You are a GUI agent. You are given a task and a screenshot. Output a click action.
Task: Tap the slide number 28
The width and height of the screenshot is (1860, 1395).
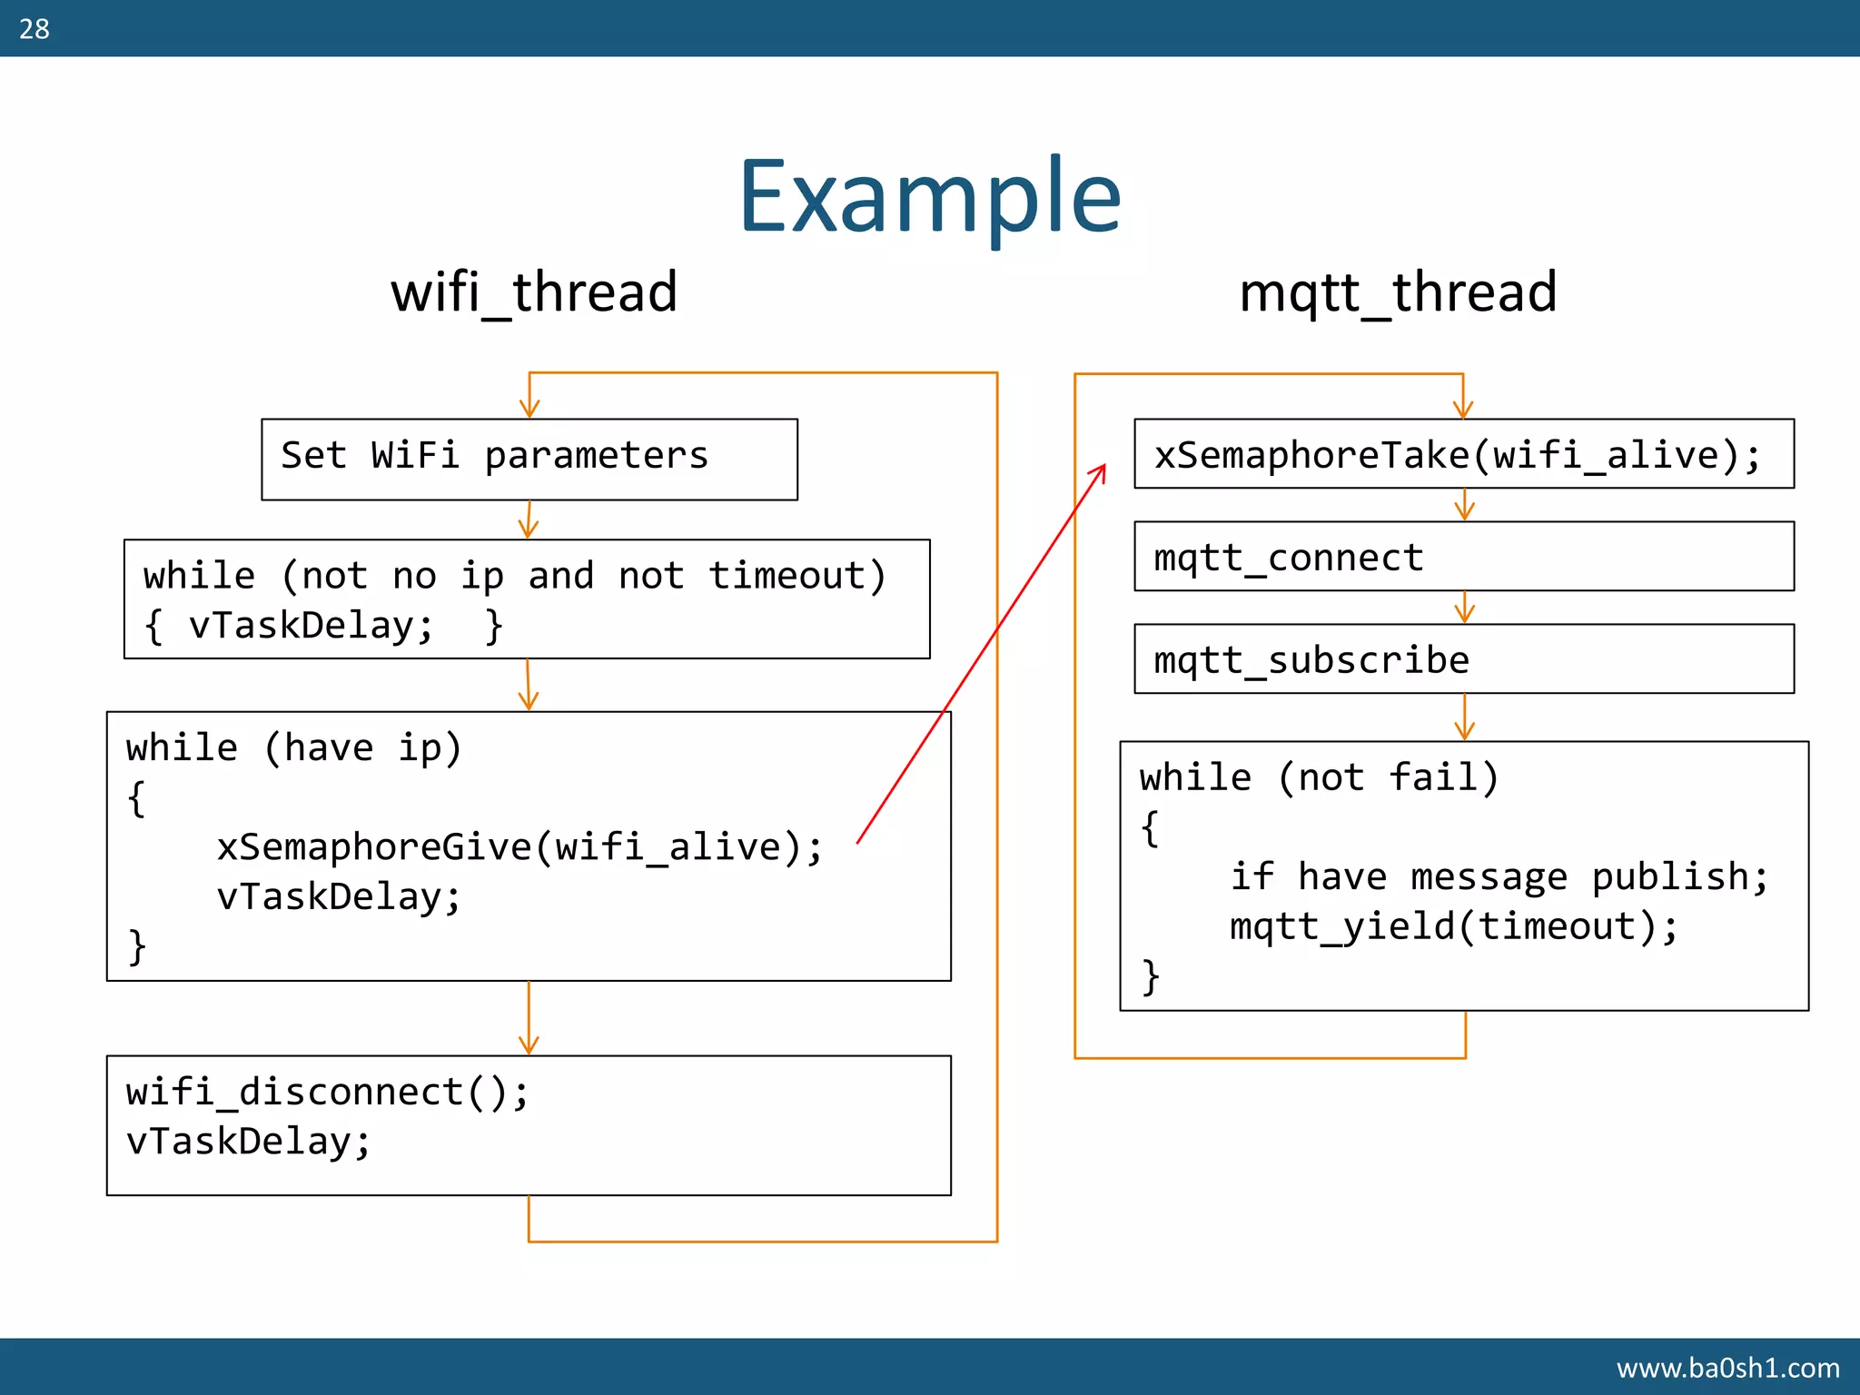[x=35, y=29]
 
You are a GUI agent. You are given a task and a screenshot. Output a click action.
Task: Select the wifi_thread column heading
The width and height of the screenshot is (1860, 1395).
[x=534, y=292]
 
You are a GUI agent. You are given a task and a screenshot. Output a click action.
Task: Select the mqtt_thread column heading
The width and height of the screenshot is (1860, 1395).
[x=1398, y=292]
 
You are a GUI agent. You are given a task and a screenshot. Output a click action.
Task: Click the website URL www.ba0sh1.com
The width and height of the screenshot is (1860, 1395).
[x=1727, y=1367]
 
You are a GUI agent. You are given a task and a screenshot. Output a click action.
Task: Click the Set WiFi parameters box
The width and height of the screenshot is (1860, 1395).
[x=529, y=459]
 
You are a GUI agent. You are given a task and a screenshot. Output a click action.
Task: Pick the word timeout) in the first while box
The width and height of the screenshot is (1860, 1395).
[x=796, y=576]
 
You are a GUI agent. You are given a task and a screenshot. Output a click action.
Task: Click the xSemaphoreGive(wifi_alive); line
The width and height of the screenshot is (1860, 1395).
[x=519, y=846]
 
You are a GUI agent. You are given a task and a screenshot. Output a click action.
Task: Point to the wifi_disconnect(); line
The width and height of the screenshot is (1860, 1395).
[x=327, y=1092]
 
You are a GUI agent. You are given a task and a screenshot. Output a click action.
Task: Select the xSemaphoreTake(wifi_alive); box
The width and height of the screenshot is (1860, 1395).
[x=1463, y=454]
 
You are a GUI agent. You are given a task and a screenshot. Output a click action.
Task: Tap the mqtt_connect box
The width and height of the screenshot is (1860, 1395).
[x=1463, y=557]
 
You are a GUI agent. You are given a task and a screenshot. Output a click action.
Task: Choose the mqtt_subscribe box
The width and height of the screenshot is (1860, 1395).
[x=1463, y=659]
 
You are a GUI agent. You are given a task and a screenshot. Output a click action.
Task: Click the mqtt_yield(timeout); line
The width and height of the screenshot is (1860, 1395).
[x=1453, y=926]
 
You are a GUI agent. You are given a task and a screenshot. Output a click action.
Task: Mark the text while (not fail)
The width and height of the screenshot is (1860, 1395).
[x=1319, y=777]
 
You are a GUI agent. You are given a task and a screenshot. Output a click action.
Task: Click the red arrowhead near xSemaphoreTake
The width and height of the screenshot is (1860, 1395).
[x=1100, y=471]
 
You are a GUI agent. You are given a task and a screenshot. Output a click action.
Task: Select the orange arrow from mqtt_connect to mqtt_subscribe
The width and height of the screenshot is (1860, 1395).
[x=1464, y=608]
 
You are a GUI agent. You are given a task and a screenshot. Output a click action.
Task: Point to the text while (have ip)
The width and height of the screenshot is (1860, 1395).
[x=293, y=747]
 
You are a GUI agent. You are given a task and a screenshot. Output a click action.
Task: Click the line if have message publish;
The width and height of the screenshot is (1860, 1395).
[x=1499, y=876]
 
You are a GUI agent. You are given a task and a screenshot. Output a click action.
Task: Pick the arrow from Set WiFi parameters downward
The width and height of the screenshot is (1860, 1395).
[x=529, y=520]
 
